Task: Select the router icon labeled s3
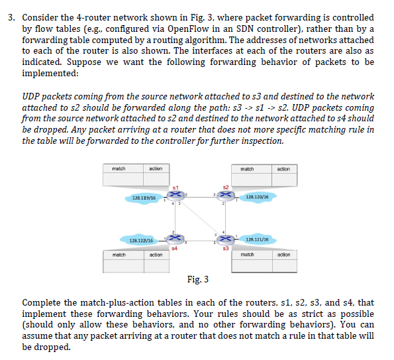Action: [x=226, y=239]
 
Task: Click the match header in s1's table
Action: [x=119, y=169]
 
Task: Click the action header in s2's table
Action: [x=283, y=169]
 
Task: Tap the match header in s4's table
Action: [x=119, y=255]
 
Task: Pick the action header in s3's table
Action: [x=283, y=255]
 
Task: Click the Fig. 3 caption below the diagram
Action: [x=197, y=279]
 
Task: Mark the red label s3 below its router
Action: [x=226, y=248]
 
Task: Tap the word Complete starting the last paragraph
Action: [x=43, y=304]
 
